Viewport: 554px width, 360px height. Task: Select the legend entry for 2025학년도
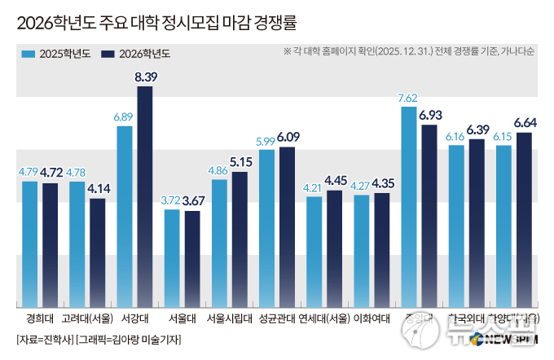pyautogui.click(x=55, y=54)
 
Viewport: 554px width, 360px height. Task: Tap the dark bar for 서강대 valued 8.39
pyautogui.click(x=145, y=195)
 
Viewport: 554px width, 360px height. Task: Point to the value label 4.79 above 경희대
pyautogui.click(x=29, y=172)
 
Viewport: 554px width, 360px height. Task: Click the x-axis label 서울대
pyautogui.click(x=181, y=318)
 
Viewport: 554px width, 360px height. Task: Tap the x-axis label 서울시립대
pyautogui.click(x=228, y=318)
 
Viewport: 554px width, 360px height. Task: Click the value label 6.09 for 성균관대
pyautogui.click(x=288, y=137)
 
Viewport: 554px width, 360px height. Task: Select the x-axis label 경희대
pyautogui.click(x=41, y=318)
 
